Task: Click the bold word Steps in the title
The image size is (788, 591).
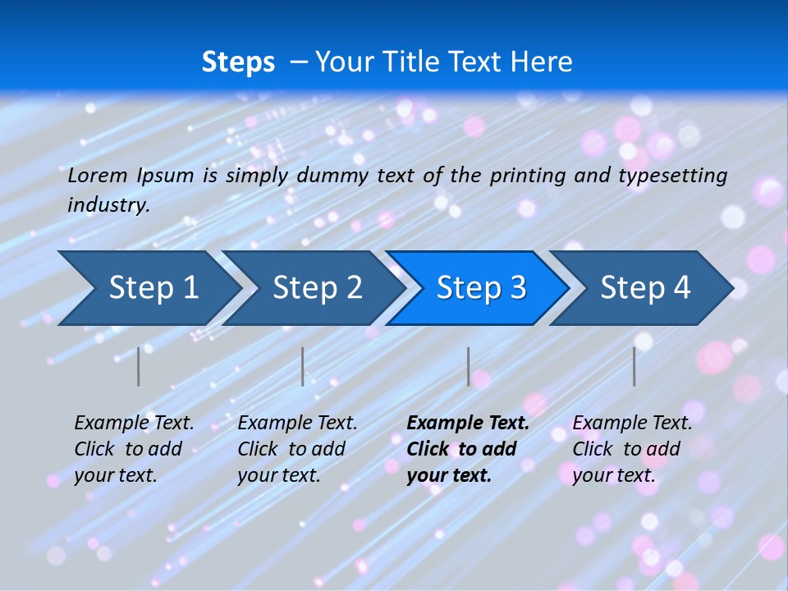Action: [238, 62]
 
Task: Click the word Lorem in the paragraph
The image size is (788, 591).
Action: [97, 176]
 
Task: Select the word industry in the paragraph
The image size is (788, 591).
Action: [108, 205]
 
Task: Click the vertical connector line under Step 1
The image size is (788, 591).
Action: [139, 366]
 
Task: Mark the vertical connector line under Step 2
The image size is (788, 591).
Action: [303, 366]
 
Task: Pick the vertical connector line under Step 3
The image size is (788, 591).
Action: [468, 366]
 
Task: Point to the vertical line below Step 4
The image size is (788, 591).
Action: [634, 366]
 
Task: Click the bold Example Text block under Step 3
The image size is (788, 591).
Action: [468, 449]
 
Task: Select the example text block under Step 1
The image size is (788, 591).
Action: [134, 449]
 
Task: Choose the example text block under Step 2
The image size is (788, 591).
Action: [297, 449]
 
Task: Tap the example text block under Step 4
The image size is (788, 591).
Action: [632, 449]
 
